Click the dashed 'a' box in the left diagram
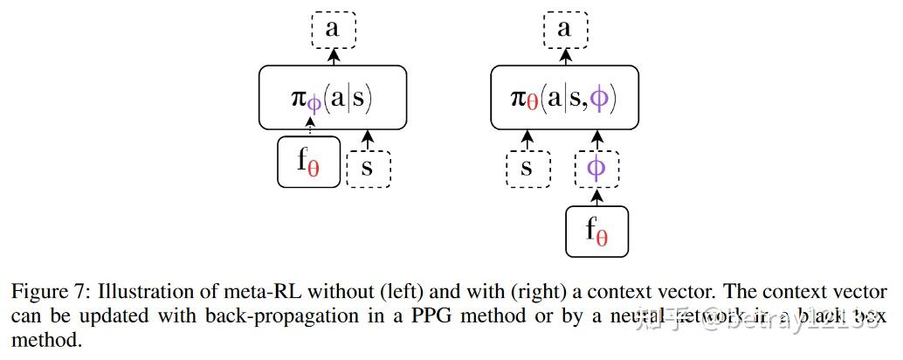332,30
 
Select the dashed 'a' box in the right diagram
564,30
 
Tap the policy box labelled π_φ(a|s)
332,97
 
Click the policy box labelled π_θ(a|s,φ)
564,97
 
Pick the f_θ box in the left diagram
307,162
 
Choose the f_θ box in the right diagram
596,231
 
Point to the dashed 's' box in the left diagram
368,167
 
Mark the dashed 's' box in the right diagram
527,167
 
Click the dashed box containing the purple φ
596,167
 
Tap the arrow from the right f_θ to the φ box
596,197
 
